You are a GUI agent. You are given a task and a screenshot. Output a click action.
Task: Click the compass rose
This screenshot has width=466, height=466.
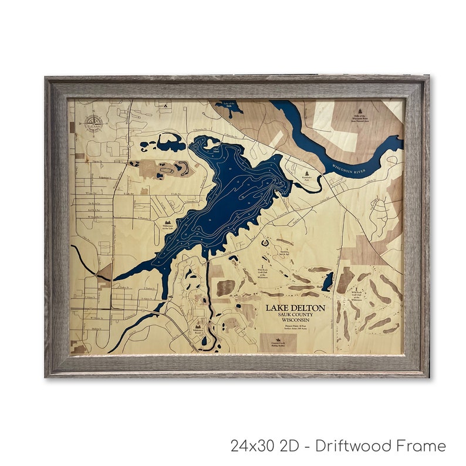point(93,123)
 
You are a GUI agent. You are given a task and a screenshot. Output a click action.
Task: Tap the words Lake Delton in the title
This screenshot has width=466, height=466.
point(295,308)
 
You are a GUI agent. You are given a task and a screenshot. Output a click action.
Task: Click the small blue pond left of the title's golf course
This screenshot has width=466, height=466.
point(327,282)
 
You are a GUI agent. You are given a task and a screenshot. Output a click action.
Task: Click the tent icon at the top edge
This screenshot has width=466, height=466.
point(166,105)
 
